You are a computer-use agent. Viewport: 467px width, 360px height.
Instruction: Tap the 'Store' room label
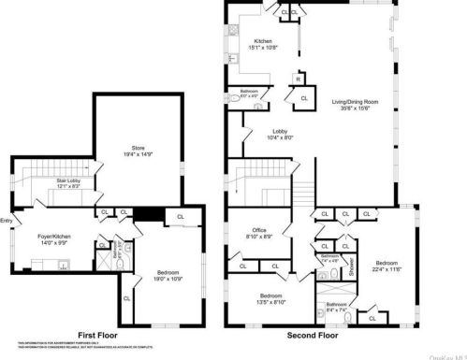(139, 148)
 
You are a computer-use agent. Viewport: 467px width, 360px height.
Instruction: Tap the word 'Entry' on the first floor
(7, 221)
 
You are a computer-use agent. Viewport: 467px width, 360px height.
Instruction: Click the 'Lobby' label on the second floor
(280, 131)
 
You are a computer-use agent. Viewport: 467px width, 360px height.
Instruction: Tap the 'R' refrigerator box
(299, 79)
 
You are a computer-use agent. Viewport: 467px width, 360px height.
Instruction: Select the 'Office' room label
(260, 230)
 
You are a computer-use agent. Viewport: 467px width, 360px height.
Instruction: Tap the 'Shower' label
(352, 267)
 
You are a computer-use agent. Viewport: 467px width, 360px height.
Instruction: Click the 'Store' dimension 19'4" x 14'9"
(139, 154)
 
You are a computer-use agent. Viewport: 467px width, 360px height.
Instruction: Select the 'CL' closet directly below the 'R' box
(305, 96)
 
